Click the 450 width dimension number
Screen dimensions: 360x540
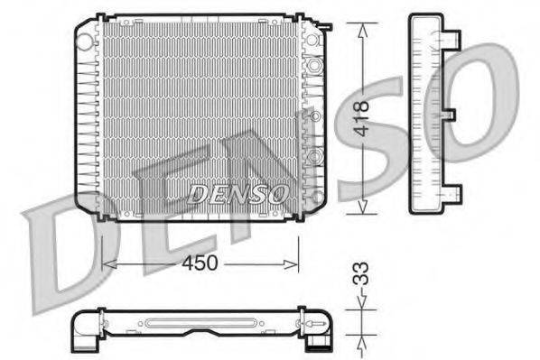[x=200, y=263]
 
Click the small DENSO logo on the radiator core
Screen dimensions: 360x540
[x=239, y=193]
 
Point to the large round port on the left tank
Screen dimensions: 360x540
[x=86, y=39]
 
